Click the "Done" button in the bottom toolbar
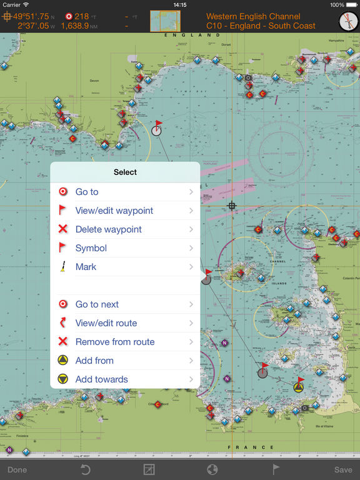click(17, 469)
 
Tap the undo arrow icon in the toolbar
click(86, 469)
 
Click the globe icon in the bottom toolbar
click(212, 469)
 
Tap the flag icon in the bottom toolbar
click(276, 469)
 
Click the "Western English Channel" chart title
click(253, 16)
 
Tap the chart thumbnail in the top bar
click(165, 21)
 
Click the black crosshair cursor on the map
click(232, 206)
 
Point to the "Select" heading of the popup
click(125, 172)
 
